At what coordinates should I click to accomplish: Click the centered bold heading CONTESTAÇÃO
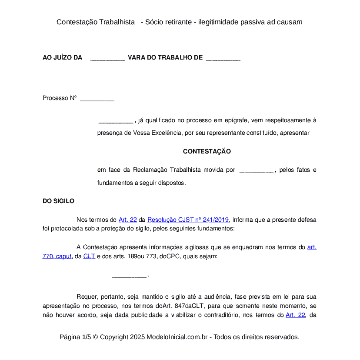click(x=207, y=152)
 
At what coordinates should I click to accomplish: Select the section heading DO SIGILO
click(x=58, y=201)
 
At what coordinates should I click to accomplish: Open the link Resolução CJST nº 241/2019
click(x=188, y=220)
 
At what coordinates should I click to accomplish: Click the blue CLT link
click(x=89, y=257)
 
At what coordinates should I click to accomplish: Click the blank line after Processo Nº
click(x=97, y=99)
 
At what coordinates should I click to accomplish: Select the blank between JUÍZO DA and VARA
click(x=107, y=58)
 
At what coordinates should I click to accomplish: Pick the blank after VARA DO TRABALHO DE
click(x=223, y=58)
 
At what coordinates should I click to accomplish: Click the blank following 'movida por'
click(x=257, y=170)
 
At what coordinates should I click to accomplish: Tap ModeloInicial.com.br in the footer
click(x=179, y=337)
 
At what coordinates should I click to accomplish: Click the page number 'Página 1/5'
click(x=75, y=337)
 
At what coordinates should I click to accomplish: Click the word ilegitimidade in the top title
click(x=222, y=22)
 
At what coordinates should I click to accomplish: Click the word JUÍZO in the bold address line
click(x=63, y=58)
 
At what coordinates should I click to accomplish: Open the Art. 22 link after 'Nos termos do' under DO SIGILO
click(x=127, y=220)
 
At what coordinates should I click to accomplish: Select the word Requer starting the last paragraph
click(x=86, y=297)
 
